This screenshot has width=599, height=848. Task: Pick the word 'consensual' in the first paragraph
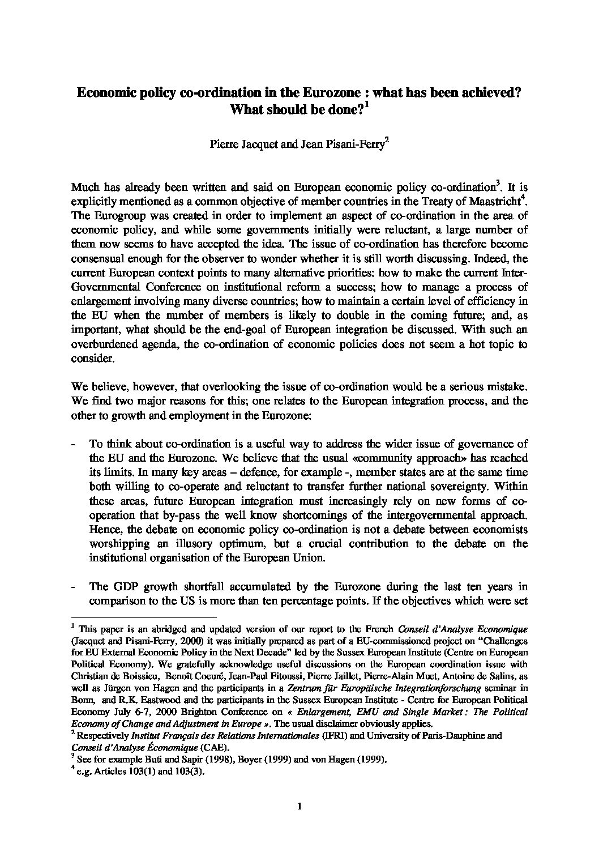pos(96,258)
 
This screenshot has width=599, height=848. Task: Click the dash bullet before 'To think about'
pos(74,444)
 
